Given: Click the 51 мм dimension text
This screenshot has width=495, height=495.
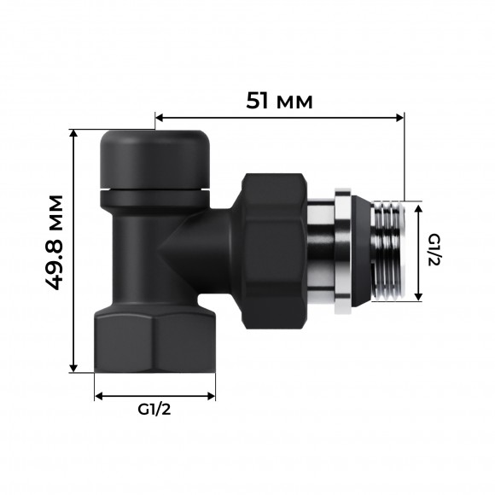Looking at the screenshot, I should [279, 101].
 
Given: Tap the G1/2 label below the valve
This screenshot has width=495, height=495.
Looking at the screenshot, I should [154, 410].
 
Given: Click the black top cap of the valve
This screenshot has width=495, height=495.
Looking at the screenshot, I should [154, 158].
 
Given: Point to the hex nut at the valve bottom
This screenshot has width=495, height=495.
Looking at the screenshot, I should [154, 341].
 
